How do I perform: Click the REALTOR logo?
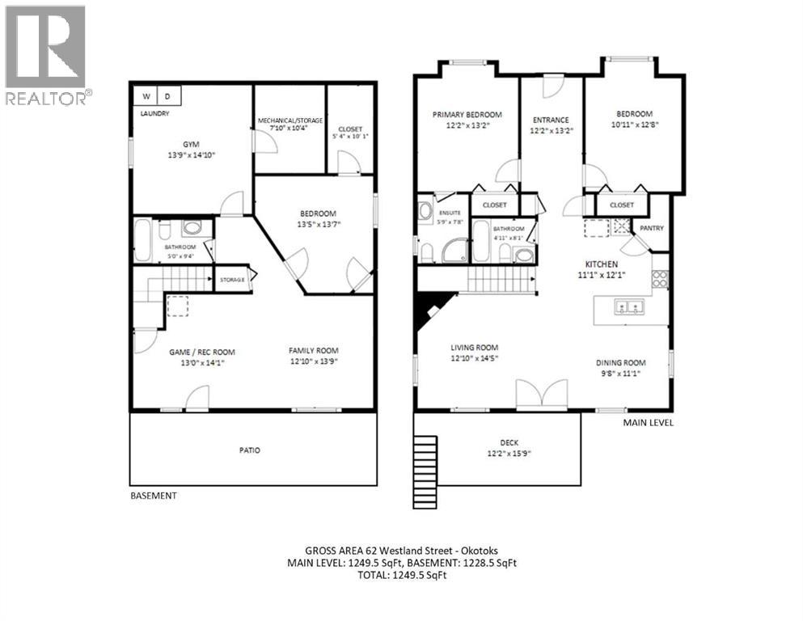(49, 55)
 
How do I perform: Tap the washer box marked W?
(146, 95)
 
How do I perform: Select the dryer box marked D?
(169, 95)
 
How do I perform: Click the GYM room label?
(191, 145)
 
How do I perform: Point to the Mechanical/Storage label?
(290, 120)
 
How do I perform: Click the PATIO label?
(249, 450)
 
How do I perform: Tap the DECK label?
(509, 442)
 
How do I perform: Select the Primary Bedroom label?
(467, 115)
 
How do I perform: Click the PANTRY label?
(652, 228)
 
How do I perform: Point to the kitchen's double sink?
(629, 307)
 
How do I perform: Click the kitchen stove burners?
(660, 279)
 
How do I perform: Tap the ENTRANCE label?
(551, 120)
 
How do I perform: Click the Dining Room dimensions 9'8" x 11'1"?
(621, 374)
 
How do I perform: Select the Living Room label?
(474, 348)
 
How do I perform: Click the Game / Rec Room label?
(202, 353)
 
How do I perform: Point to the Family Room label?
(314, 351)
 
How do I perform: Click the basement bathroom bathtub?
(143, 240)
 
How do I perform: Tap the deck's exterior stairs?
(425, 472)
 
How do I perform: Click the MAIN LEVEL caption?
(648, 423)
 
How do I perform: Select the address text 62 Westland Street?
(408, 551)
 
